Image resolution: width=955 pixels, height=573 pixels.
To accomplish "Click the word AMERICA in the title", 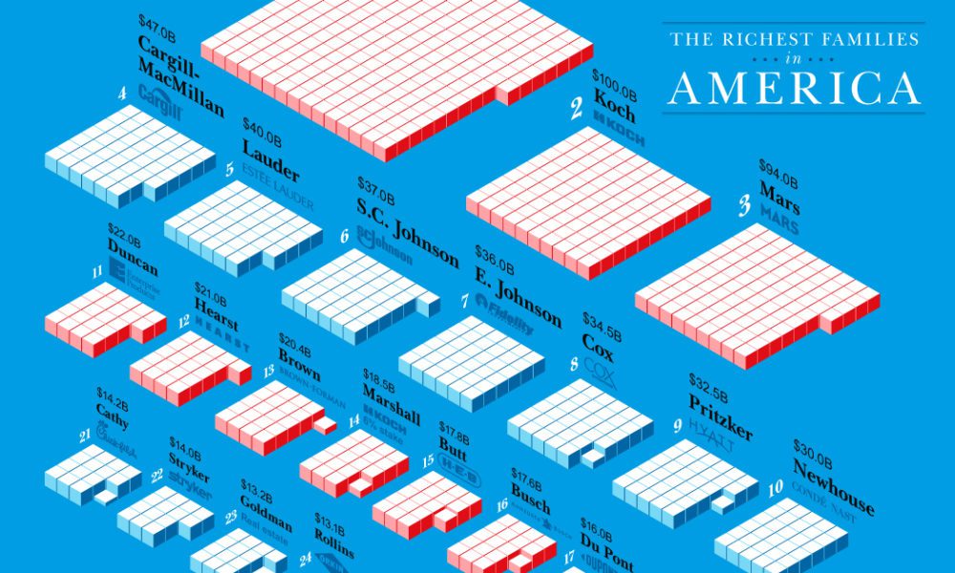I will (794, 87).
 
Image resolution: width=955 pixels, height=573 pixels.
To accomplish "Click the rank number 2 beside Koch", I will (577, 110).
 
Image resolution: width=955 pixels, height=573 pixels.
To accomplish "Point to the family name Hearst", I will (216, 308).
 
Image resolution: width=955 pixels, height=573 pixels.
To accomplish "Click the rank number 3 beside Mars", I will (745, 208).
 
